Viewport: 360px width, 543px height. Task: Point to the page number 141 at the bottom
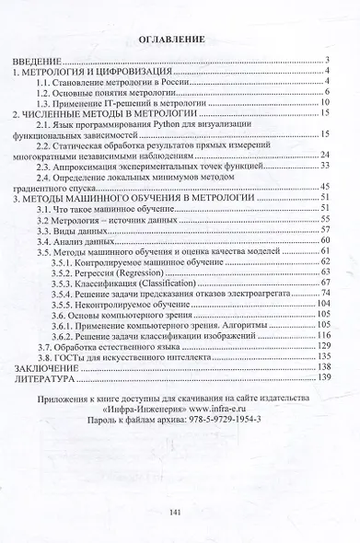pyautogui.click(x=180, y=514)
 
